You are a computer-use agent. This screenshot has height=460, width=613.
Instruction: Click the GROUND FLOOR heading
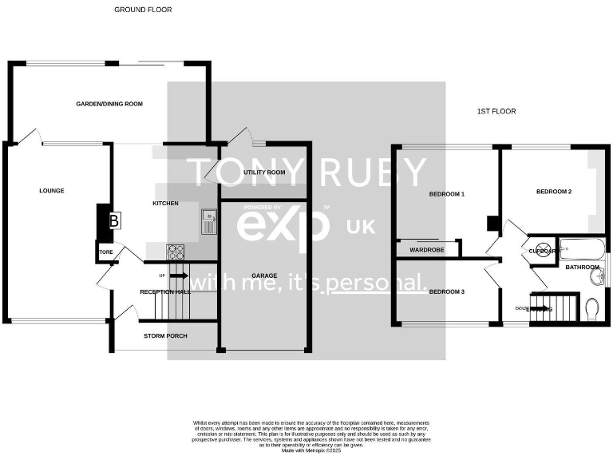(143, 10)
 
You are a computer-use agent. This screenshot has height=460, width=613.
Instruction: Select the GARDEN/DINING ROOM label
(109, 104)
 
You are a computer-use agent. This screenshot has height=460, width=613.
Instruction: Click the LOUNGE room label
(52, 191)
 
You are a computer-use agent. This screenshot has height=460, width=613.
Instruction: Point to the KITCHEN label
(165, 204)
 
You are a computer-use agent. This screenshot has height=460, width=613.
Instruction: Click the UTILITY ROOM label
(265, 172)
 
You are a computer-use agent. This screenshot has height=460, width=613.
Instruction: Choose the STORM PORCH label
(165, 335)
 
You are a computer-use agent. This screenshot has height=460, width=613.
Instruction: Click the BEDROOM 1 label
(447, 194)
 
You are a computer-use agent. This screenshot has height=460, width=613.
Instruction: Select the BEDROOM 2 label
(554, 192)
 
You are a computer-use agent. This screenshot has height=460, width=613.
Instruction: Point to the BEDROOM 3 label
(447, 291)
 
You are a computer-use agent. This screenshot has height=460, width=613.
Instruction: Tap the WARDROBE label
(426, 249)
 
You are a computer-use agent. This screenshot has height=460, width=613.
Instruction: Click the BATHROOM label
(582, 267)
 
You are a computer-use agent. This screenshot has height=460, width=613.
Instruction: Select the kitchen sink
(209, 221)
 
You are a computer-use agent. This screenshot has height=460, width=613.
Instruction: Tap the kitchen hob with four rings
(175, 252)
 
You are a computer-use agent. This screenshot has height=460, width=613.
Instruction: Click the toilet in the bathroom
(591, 308)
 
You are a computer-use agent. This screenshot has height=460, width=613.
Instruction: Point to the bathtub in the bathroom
(580, 248)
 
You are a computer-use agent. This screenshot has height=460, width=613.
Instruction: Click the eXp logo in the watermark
(283, 225)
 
